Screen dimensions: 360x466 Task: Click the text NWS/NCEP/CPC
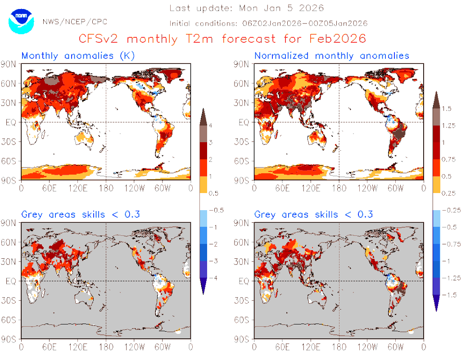74,22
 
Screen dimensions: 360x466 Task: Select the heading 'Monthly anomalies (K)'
78,56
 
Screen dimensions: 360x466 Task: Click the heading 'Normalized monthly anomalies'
332,56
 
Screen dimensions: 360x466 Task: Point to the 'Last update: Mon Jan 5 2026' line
247,8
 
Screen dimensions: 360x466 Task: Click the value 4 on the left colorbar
210,125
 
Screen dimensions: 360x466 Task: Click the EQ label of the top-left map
11,122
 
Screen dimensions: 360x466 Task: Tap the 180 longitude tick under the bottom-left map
106,347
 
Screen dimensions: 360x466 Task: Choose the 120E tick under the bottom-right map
311,347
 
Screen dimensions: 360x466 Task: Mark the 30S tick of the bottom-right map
242,300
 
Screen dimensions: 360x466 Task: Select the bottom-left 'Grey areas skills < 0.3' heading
81,215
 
